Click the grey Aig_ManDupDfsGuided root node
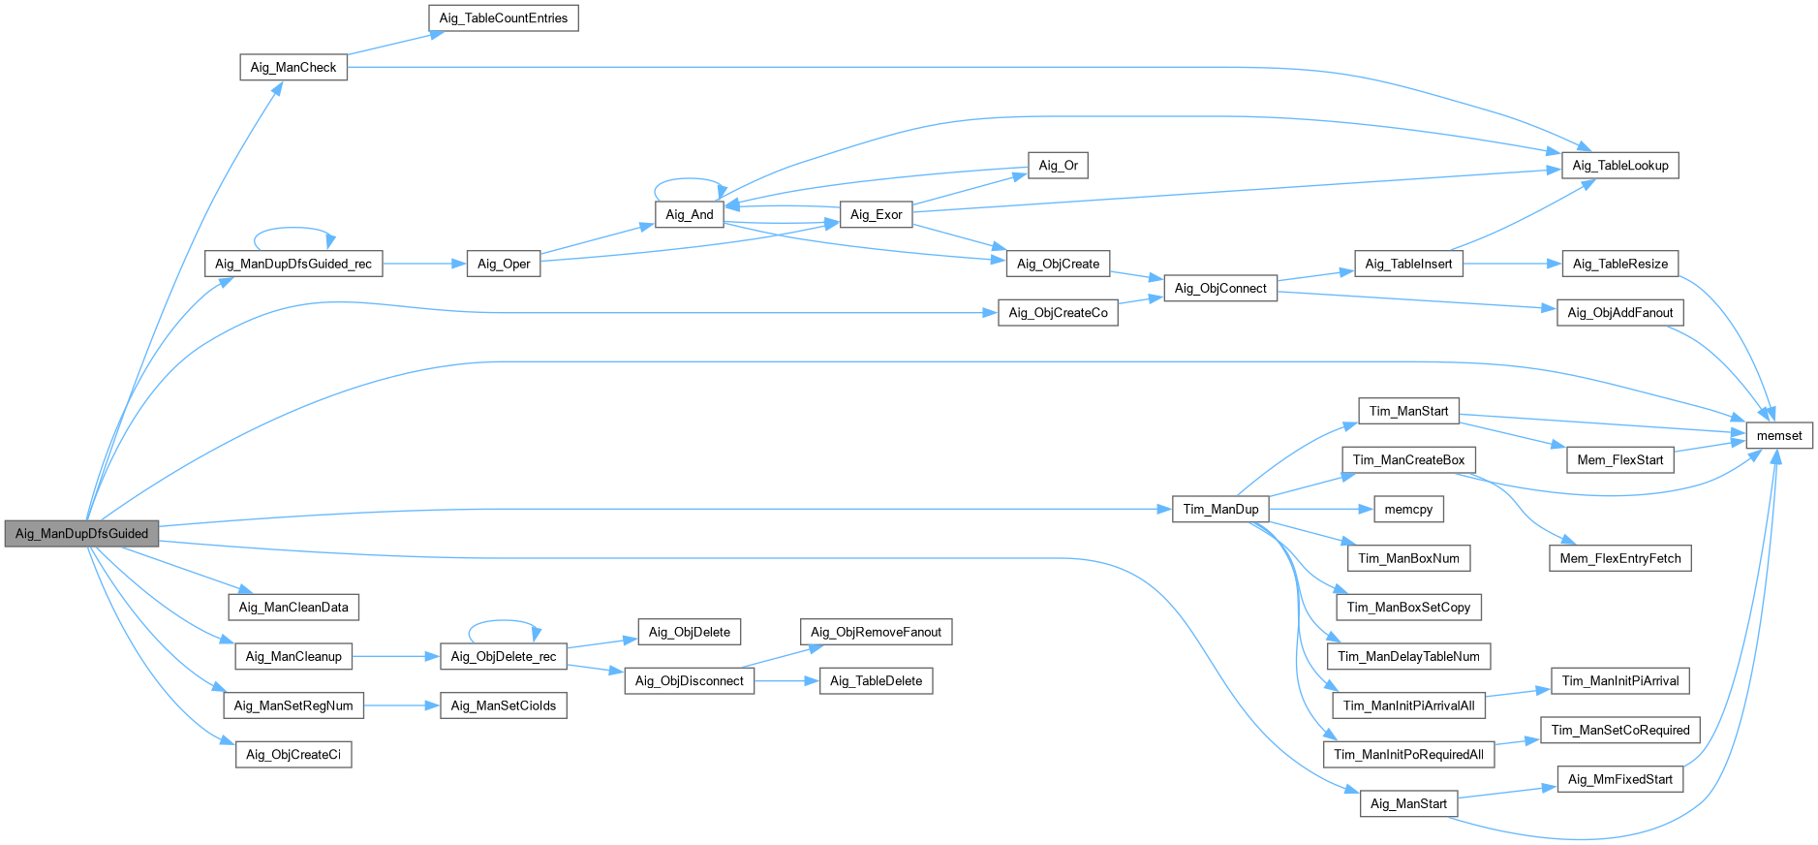tap(81, 533)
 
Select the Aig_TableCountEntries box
tap(503, 18)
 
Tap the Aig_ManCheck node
tap(293, 67)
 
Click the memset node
tap(1778, 435)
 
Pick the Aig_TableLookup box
tap(1619, 166)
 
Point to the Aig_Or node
tap(1058, 166)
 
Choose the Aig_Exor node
tap(876, 214)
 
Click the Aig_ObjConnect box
tap(1219, 288)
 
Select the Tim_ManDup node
tap(1219, 509)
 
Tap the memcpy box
tap(1407, 509)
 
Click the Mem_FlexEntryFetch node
tap(1619, 558)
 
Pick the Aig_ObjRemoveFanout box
tap(876, 632)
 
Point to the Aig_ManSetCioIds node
tap(503, 705)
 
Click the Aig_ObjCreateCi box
tap(293, 754)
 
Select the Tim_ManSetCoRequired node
tap(1619, 730)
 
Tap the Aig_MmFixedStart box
tap(1619, 779)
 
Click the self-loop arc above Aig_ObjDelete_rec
tap(503, 621)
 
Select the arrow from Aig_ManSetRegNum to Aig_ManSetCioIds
tap(402, 705)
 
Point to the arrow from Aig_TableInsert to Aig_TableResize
tap(1512, 264)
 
